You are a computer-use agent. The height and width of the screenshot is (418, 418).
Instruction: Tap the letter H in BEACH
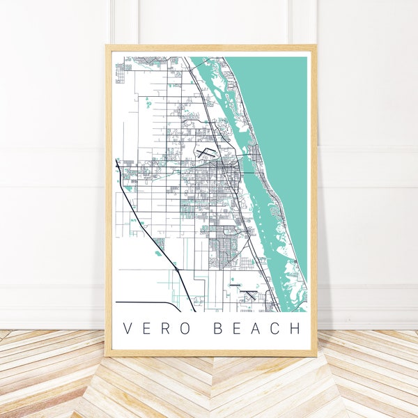click(295, 328)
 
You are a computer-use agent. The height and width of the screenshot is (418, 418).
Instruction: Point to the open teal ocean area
click(279, 104)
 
